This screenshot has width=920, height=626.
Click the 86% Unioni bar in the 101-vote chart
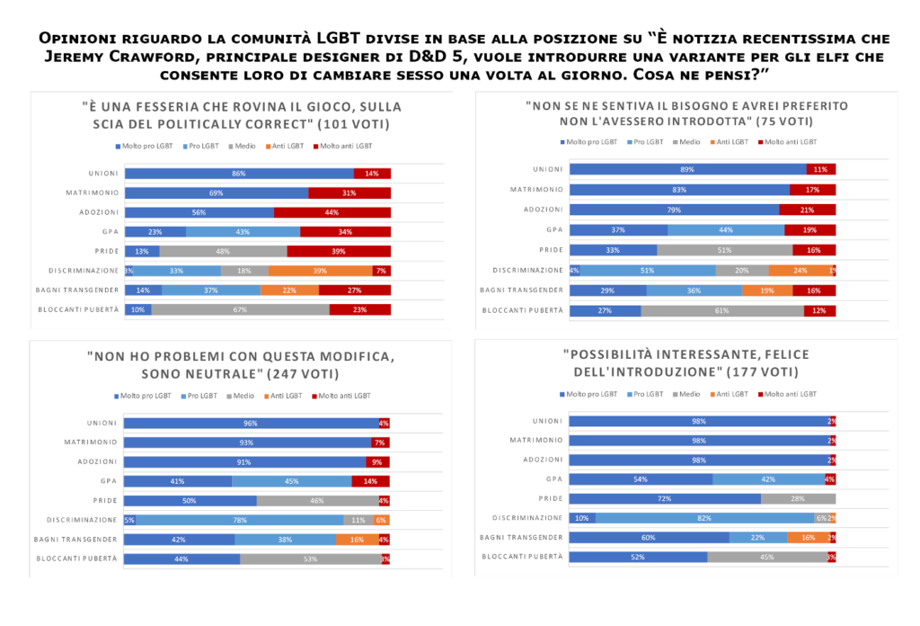(x=239, y=174)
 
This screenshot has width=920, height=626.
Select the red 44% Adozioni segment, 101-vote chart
(x=332, y=212)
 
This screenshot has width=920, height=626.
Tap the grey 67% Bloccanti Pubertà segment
(x=240, y=309)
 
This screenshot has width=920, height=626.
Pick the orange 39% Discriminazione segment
(x=320, y=271)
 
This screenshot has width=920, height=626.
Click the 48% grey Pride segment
(x=223, y=251)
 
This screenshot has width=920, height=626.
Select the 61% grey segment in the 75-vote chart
(x=722, y=310)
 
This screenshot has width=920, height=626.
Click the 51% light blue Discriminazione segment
(x=647, y=270)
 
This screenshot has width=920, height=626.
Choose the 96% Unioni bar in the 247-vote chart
(x=251, y=423)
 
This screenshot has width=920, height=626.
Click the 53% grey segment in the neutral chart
(x=310, y=559)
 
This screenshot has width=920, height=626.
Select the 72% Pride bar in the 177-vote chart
(x=666, y=498)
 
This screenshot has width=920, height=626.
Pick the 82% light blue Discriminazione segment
(x=704, y=517)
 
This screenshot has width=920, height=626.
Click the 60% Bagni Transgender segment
(x=650, y=537)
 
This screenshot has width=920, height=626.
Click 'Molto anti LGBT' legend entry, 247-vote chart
(x=343, y=395)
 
